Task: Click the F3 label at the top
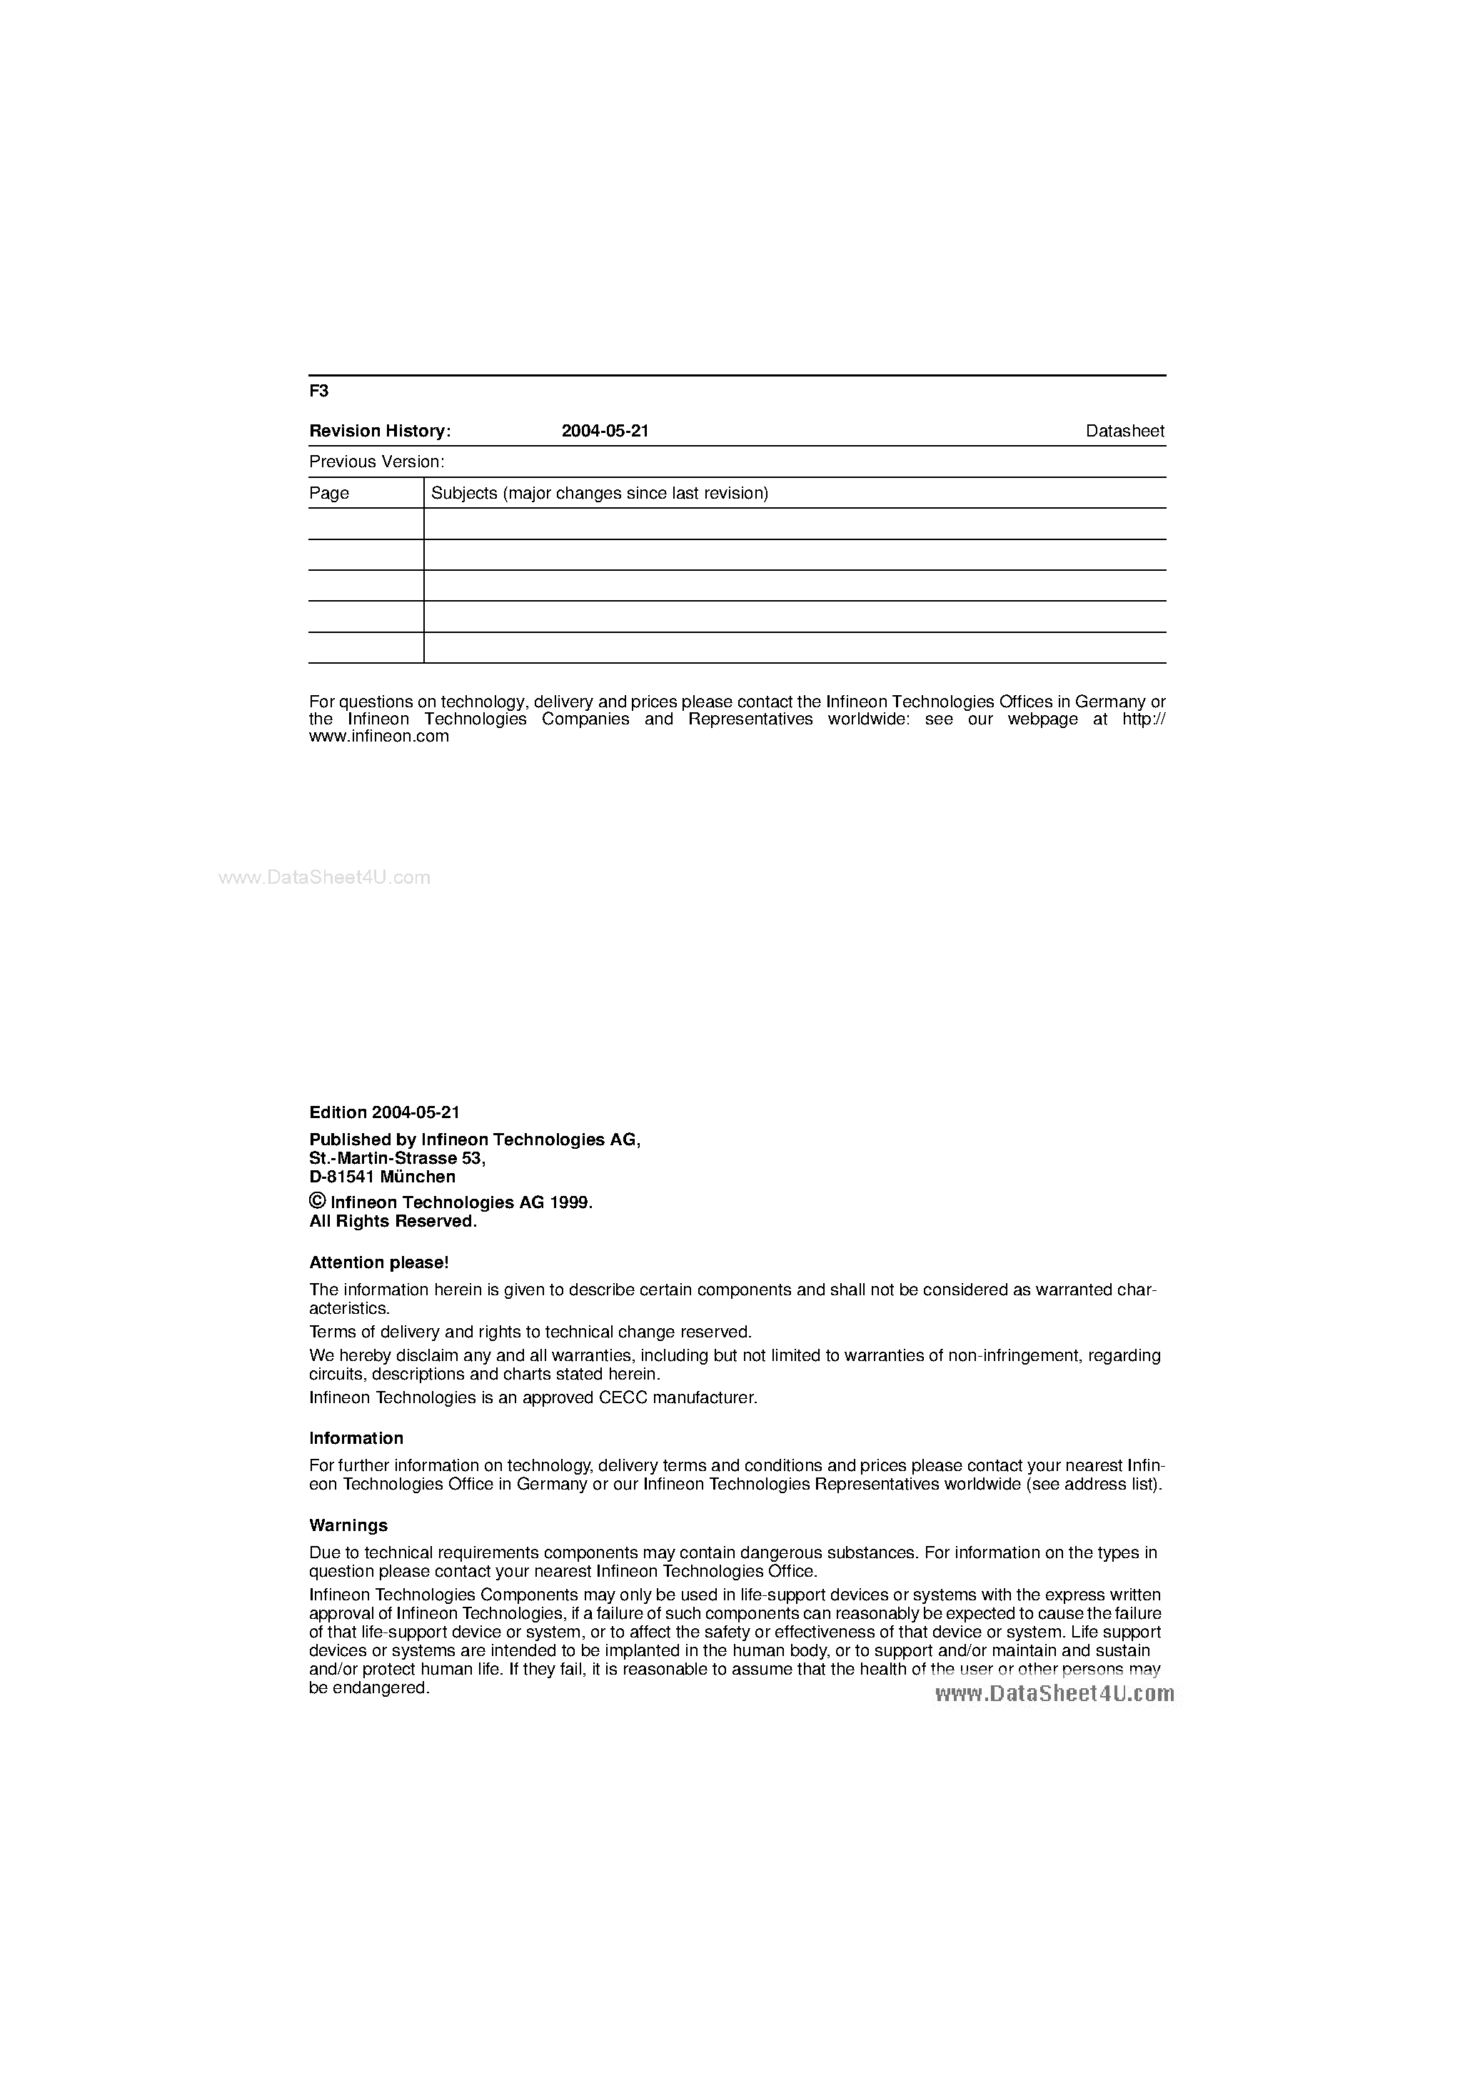(x=318, y=392)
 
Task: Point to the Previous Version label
(x=376, y=462)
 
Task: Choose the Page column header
(x=329, y=493)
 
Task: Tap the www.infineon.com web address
(x=379, y=736)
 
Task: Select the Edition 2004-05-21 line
(x=385, y=1112)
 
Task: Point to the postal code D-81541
(x=342, y=1177)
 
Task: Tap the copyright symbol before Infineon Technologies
(x=318, y=1201)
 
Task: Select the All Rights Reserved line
(x=393, y=1221)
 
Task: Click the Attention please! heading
(x=378, y=1263)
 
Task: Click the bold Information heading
(x=356, y=1438)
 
